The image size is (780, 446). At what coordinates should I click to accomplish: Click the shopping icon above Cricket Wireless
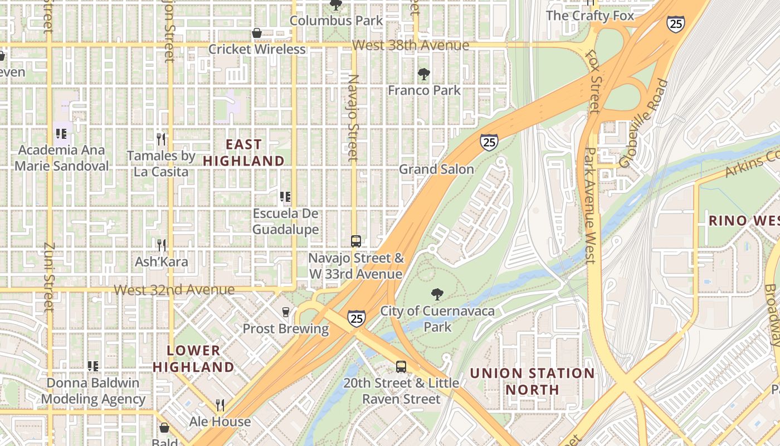[257, 33]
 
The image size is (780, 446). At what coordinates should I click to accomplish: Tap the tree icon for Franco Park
[424, 74]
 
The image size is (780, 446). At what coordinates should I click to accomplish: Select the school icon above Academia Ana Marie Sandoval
[61, 134]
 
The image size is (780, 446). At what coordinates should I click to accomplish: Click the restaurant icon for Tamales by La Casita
[161, 139]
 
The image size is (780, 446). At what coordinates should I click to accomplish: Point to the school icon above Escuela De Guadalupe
[285, 197]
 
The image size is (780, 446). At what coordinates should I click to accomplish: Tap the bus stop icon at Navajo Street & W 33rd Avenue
[356, 241]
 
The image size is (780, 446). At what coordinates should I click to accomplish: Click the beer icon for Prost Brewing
[286, 312]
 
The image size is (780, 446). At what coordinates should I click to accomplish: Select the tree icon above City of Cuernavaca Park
[437, 294]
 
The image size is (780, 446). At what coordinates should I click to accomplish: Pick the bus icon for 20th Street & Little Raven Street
[401, 366]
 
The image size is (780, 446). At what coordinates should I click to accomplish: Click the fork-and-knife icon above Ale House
[220, 405]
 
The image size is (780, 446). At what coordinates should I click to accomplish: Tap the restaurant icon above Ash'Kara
[161, 245]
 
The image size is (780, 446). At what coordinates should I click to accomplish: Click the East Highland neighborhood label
[243, 153]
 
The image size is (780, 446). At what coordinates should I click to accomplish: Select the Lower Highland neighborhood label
[193, 358]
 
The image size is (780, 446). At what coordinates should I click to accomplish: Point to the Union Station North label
[532, 381]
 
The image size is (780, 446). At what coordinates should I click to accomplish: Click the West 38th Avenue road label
[411, 46]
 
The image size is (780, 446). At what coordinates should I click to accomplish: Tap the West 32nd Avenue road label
[174, 290]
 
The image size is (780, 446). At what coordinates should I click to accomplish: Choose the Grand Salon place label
[436, 169]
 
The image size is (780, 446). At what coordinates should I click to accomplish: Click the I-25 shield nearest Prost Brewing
[357, 318]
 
